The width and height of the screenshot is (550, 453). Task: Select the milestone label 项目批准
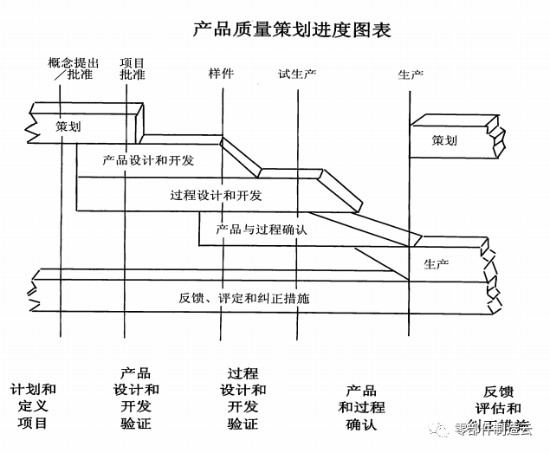[133, 69]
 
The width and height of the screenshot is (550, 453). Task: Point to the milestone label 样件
[221, 73]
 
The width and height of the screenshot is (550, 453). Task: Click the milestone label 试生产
[297, 74]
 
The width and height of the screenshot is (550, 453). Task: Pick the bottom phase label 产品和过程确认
[361, 406]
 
